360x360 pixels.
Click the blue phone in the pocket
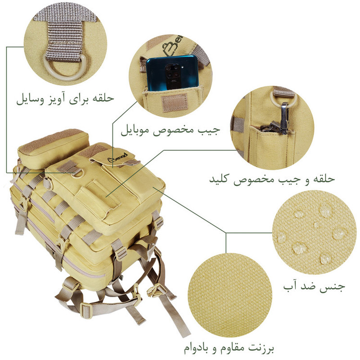(172, 72)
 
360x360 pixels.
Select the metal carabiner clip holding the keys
(285, 118)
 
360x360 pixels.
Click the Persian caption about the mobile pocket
(170, 130)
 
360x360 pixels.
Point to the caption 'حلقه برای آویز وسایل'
(65, 99)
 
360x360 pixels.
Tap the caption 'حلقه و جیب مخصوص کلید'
(272, 179)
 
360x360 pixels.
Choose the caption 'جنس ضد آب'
(314, 286)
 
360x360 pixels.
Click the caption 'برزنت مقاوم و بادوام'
(228, 348)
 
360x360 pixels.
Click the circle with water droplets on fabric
(314, 232)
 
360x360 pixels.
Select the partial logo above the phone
(173, 44)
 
